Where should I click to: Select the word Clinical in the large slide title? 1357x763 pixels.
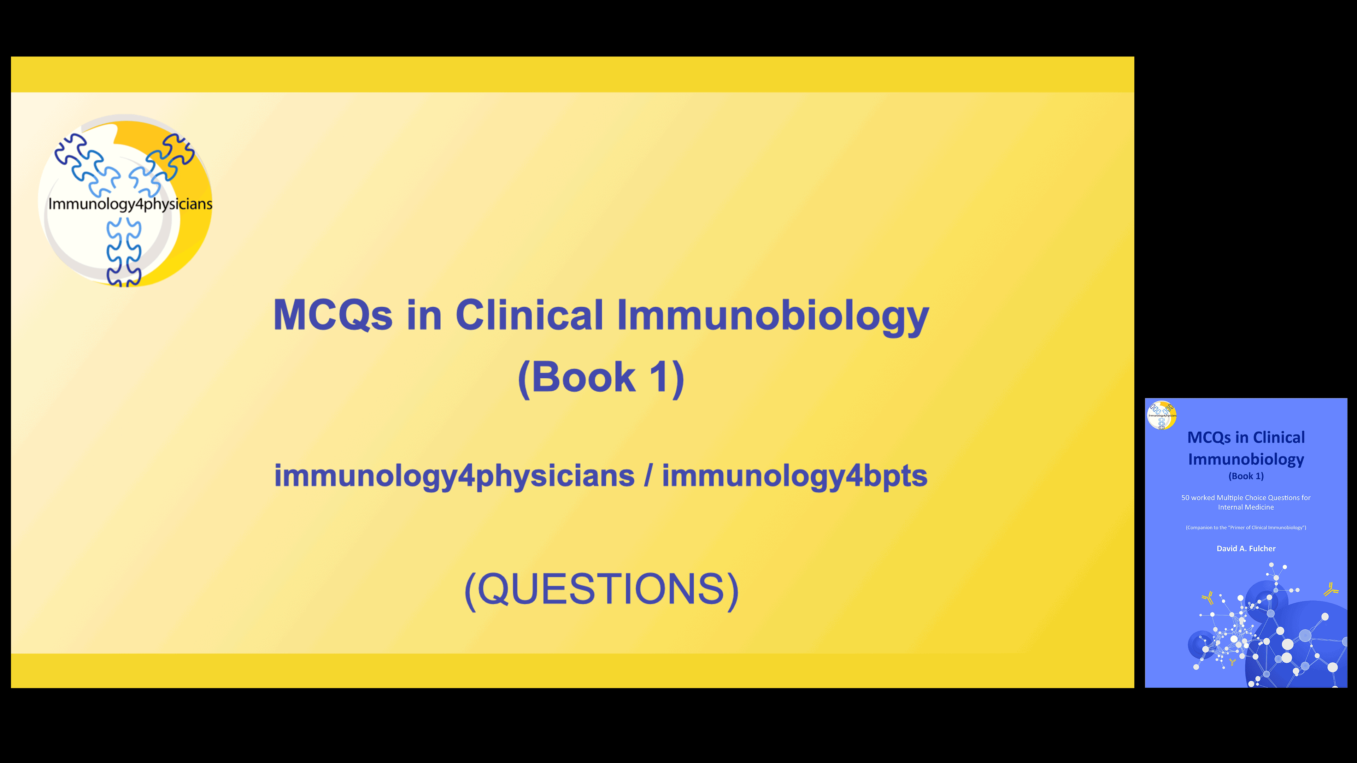pyautogui.click(x=529, y=315)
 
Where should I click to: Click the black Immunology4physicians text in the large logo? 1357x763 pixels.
pyautogui.click(x=130, y=204)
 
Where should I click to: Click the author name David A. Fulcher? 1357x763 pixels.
pyautogui.click(x=1246, y=549)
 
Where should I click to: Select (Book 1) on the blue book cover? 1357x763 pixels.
pyautogui.click(x=1246, y=476)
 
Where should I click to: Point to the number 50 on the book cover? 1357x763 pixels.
pyautogui.click(x=1185, y=498)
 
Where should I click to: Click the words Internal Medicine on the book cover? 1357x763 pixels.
pyautogui.click(x=1246, y=507)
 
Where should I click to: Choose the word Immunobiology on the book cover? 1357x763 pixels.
pyautogui.click(x=1246, y=459)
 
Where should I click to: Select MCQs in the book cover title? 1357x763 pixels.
pyautogui.click(x=1209, y=438)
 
